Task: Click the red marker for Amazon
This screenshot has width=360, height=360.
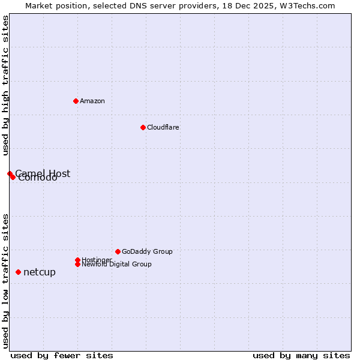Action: tap(76, 101)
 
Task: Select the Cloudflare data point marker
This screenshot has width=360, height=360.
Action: tap(143, 127)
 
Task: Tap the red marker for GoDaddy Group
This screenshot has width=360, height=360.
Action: tap(118, 251)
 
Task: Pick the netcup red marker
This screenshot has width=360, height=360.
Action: tap(18, 272)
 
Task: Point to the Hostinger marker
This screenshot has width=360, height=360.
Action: tap(77, 260)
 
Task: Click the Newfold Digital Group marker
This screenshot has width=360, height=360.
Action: tap(77, 264)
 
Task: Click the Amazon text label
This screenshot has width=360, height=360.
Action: tap(92, 101)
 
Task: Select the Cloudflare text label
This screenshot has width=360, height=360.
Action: tap(163, 127)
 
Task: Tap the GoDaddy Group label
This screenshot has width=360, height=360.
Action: tap(147, 251)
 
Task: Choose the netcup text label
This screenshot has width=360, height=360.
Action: tap(40, 272)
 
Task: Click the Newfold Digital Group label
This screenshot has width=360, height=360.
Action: tap(116, 264)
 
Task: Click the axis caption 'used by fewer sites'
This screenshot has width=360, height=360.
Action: tap(62, 355)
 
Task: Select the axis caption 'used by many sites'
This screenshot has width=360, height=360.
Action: tap(301, 355)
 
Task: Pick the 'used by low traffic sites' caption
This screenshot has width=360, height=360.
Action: tap(6, 280)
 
